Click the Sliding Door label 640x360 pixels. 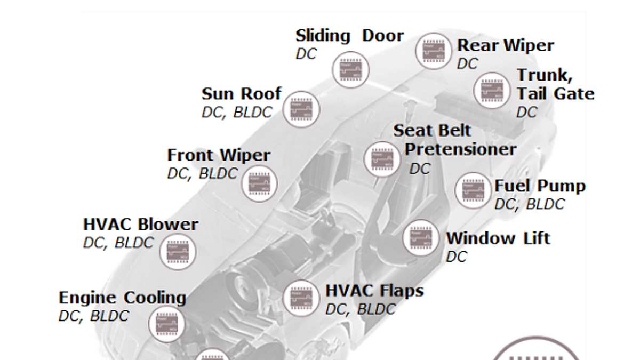349,36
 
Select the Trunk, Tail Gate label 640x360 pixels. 555,85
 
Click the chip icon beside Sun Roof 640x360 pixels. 300,109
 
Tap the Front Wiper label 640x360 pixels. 219,156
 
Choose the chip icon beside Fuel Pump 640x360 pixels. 473,190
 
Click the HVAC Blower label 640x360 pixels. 141,225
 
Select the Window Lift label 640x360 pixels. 498,238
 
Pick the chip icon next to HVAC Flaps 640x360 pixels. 301,298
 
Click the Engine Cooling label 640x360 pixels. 122,298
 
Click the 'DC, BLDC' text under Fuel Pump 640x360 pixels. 529,204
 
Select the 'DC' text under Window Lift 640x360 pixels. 457,257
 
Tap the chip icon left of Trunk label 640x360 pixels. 492,90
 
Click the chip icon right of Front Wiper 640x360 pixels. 260,183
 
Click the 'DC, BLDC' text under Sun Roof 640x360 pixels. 237,113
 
